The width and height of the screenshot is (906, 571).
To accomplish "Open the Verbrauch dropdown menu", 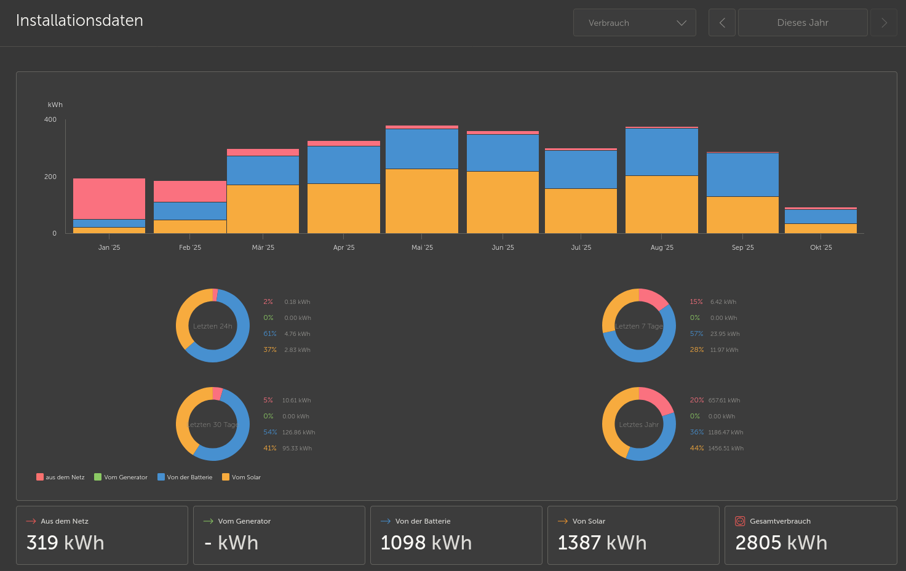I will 634,23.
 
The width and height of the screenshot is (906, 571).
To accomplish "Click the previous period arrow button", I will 722,23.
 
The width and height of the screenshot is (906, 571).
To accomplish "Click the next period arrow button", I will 884,23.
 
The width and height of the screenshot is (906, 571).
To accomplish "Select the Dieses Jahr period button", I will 803,23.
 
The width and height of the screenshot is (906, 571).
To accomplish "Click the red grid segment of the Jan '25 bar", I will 109,199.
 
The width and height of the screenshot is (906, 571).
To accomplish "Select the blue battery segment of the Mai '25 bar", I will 422,149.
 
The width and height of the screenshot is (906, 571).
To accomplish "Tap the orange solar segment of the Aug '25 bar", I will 662,204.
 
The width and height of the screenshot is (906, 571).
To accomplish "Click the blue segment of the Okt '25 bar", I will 821,217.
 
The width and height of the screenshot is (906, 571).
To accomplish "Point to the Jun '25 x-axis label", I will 503,247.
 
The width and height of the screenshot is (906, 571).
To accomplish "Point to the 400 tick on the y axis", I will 50,119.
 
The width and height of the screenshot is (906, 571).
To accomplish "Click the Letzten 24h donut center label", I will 213,326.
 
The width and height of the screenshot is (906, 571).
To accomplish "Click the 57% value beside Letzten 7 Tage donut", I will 696,333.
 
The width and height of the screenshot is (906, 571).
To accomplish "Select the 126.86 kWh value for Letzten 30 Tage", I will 298,432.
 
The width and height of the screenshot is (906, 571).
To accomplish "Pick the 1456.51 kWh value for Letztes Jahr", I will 726,448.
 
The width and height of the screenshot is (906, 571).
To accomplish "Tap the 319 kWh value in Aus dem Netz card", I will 65,543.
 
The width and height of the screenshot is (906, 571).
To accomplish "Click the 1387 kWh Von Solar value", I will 602,543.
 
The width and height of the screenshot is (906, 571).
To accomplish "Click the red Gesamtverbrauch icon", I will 740,521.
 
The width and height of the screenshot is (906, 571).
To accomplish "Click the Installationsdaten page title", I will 79,20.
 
